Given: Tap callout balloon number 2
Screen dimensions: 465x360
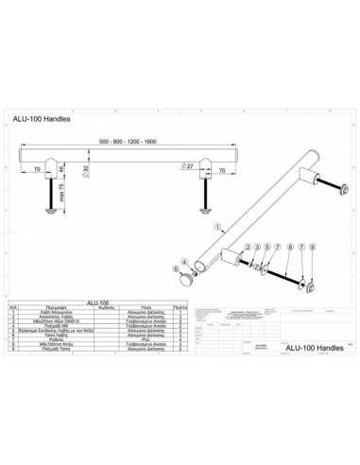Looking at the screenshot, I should [x=247, y=245].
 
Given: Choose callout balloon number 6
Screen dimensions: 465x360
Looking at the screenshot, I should [x=177, y=267].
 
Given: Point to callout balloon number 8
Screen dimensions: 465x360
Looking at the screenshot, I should [x=289, y=246].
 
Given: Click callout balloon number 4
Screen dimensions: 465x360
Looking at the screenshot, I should [x=257, y=245].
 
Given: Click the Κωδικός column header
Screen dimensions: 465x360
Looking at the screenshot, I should [x=106, y=306].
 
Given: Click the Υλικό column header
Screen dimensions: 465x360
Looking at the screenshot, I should [x=146, y=306].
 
